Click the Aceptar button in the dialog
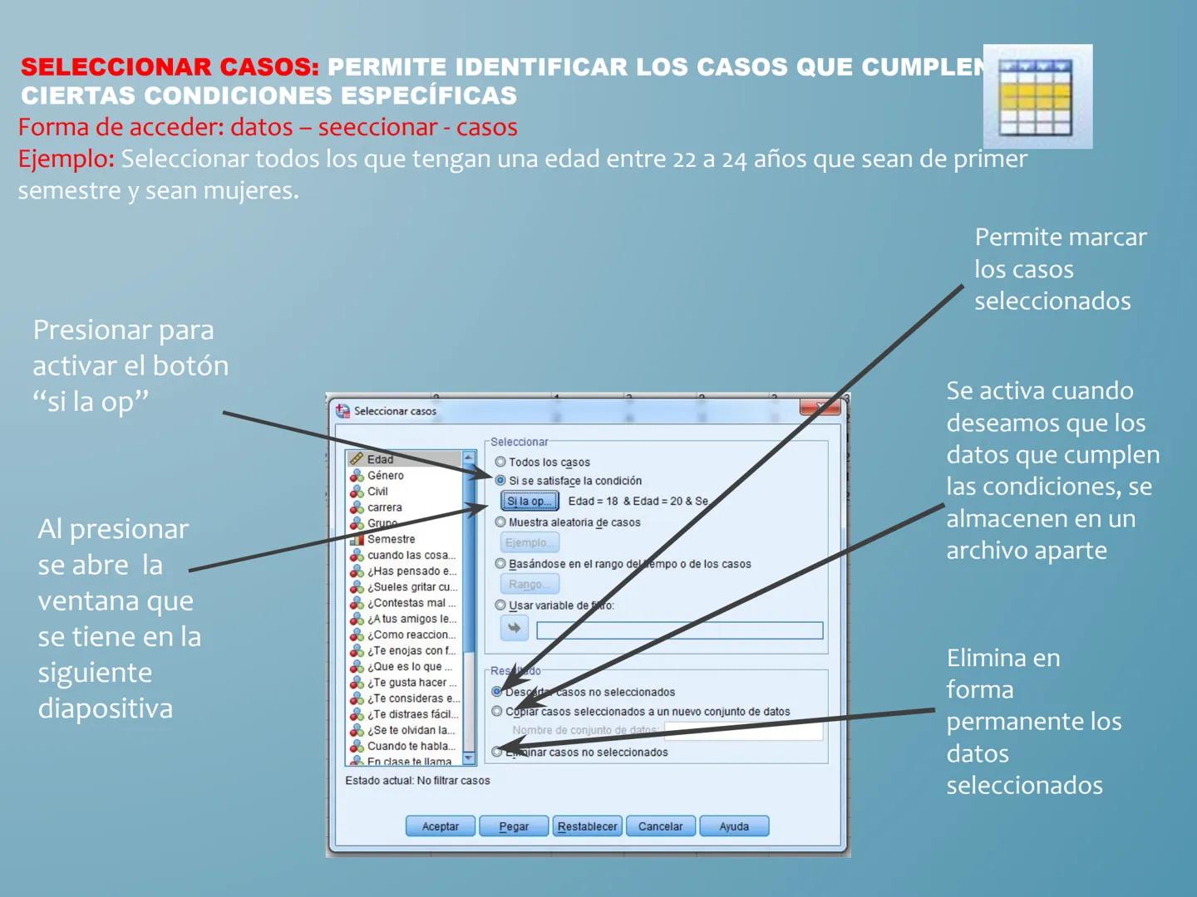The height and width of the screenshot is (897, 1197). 440,826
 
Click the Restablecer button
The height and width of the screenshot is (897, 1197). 587,826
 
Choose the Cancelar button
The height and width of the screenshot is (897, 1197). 660,826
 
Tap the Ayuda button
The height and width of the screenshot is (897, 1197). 734,826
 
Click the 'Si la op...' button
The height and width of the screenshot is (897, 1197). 530,501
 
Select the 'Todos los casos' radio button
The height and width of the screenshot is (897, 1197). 500,462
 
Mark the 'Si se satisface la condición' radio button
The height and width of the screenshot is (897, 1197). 500,480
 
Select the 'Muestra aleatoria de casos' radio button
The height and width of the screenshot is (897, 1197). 500,522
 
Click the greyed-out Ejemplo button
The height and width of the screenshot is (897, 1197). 529,542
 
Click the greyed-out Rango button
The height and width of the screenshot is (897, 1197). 529,584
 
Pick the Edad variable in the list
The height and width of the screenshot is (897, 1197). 380,459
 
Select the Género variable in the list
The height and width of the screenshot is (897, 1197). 385,475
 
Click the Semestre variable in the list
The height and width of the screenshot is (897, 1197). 391,539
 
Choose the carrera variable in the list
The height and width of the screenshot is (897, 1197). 384,507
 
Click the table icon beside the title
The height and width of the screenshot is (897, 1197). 1037,96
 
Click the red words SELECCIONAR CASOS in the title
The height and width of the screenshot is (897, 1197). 170,67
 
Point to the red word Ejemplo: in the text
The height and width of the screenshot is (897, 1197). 66,159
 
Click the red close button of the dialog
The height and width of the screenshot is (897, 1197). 820,406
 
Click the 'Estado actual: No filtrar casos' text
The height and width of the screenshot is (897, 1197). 417,781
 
